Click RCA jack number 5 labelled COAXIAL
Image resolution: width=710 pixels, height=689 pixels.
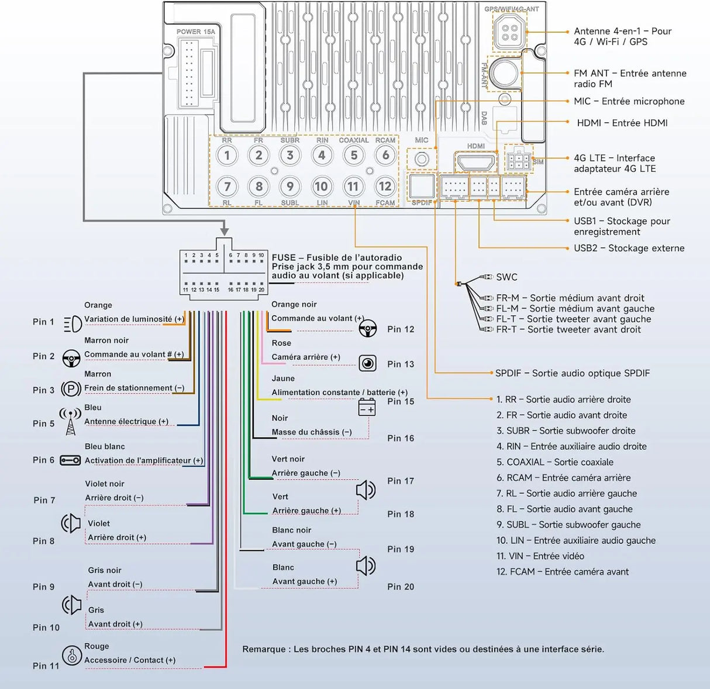point(354,156)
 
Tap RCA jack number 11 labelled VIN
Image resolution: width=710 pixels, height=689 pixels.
point(353,187)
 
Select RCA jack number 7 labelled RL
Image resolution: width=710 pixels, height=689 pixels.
point(227,187)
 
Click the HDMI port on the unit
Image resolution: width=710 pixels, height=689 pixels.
point(475,162)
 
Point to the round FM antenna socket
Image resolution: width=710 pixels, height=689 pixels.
point(504,73)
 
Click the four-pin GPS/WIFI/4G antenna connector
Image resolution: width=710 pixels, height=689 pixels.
point(509,32)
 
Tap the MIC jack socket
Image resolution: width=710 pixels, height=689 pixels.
point(422,159)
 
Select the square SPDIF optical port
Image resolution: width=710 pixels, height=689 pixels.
point(422,187)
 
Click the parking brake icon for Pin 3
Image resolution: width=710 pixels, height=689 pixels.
point(71,389)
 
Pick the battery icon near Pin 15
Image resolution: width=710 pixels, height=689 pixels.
point(367,408)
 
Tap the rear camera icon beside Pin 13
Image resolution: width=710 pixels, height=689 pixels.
point(367,363)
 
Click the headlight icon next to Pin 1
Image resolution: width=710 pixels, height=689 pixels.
point(73,323)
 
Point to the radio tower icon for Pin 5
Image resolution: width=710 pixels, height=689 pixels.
point(70,422)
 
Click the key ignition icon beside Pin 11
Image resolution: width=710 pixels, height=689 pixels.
point(72,655)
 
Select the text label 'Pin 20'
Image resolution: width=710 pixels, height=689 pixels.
point(401,587)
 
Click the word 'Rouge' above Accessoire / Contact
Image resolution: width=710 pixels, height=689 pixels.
point(96,646)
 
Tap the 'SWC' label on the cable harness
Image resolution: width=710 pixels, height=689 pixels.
point(506,277)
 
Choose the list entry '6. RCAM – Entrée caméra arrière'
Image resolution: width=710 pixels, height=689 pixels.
point(563,478)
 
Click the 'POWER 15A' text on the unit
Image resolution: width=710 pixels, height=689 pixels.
point(196,32)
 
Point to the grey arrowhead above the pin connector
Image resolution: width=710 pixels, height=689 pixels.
point(225,231)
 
